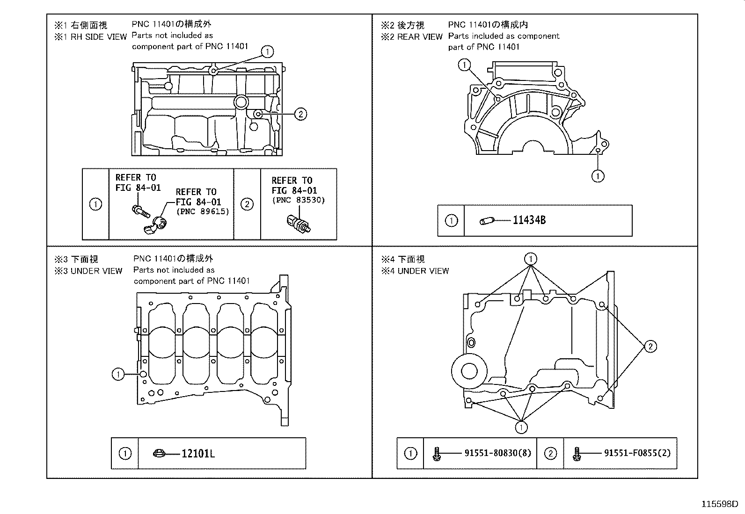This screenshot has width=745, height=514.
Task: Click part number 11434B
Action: click(529, 220)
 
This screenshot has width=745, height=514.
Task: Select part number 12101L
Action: click(198, 453)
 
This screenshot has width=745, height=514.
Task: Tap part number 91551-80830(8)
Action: click(497, 453)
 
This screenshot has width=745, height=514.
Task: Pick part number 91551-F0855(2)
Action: click(637, 453)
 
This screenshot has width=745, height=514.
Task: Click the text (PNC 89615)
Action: click(203, 211)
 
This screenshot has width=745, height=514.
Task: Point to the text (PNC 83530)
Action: click(298, 200)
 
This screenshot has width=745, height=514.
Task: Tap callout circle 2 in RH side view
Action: click(300, 114)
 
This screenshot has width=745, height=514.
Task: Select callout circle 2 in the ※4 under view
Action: click(650, 346)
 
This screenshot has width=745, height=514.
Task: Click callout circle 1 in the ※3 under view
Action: click(118, 374)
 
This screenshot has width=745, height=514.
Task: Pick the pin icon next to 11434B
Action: click(487, 221)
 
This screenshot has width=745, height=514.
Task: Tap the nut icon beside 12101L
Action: click(159, 453)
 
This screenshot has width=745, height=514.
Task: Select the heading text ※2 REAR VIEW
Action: click(412, 36)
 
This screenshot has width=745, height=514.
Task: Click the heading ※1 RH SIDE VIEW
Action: click(91, 36)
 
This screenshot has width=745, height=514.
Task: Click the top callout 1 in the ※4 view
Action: click(530, 259)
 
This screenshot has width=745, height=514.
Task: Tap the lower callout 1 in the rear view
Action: click(598, 176)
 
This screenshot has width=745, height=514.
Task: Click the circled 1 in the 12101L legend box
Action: click(125, 453)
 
